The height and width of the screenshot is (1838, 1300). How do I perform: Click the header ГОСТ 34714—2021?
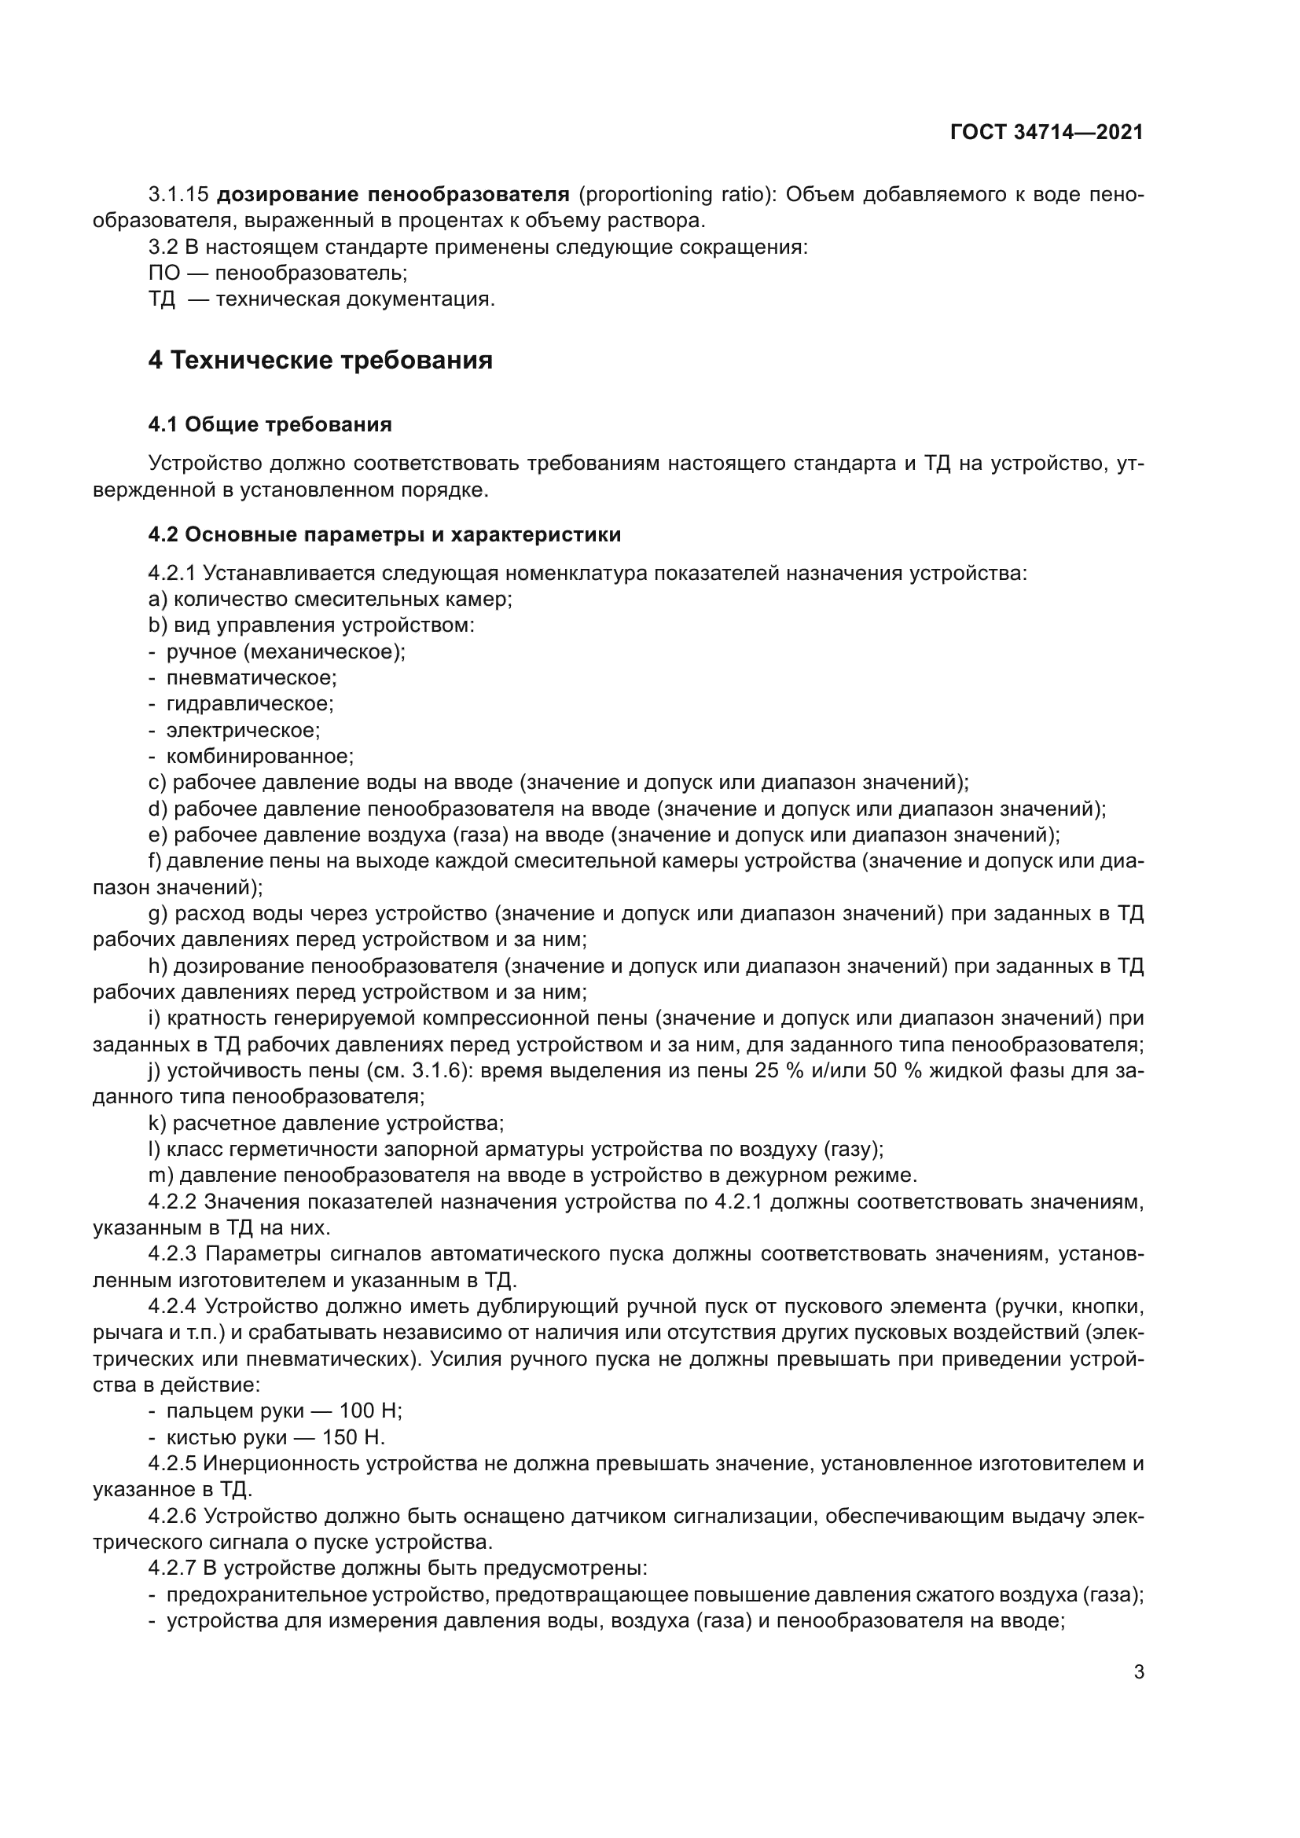point(1046,132)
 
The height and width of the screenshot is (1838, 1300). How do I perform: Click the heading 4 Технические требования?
point(320,360)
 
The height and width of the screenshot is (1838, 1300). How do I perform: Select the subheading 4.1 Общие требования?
point(270,424)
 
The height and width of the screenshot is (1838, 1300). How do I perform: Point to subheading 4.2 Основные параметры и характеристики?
point(384,535)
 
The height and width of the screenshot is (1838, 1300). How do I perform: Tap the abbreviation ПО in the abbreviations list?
point(163,273)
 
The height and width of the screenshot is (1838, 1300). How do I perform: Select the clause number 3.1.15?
point(178,195)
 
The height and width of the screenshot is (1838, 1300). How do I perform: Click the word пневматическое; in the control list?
point(252,677)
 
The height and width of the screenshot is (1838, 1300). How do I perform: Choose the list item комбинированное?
point(259,756)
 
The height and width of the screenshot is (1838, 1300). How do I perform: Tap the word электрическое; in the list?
point(243,730)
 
